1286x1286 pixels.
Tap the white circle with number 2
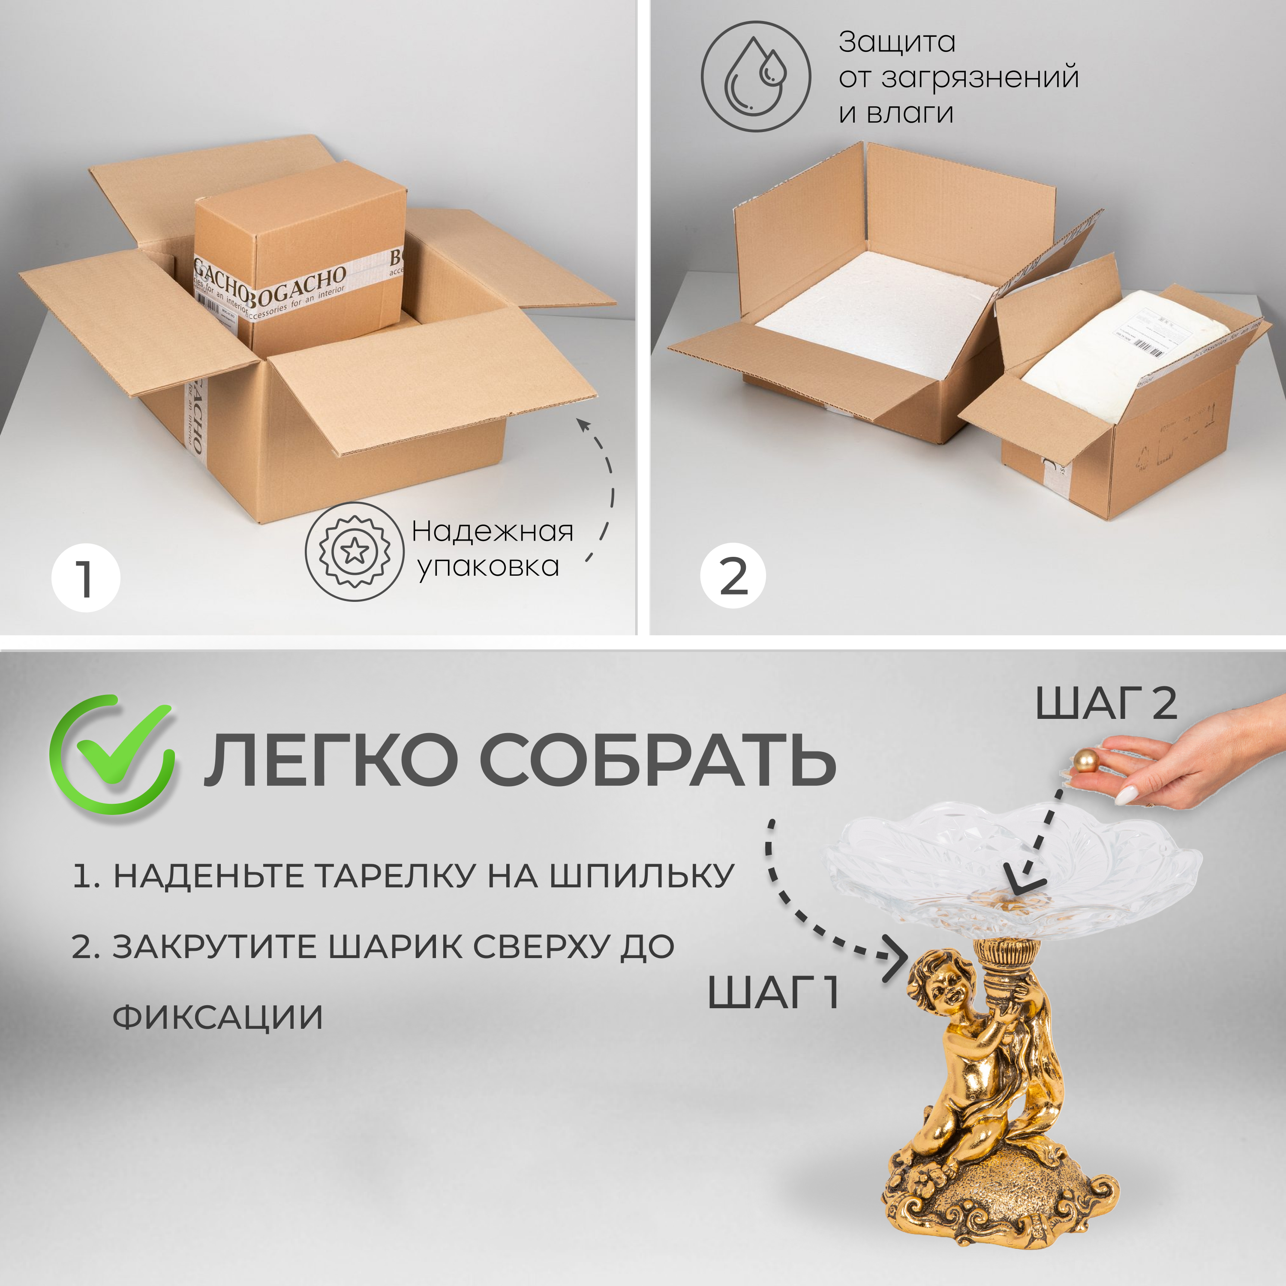click(733, 575)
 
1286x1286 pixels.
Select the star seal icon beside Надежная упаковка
click(354, 551)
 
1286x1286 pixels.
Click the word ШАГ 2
click(1106, 703)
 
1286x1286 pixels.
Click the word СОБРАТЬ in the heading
click(657, 760)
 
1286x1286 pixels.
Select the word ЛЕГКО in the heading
click(331, 760)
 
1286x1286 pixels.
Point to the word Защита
click(897, 42)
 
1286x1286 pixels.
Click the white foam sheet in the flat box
click(872, 313)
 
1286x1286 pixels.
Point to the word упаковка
click(488, 566)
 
